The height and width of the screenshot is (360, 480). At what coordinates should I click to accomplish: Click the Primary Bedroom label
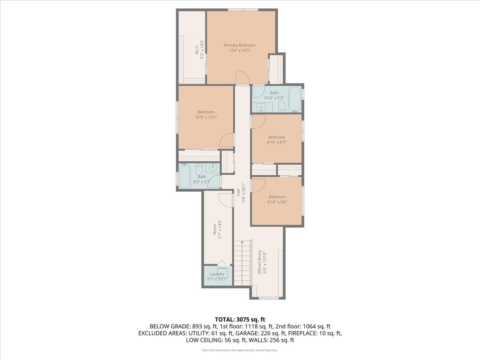(239, 45)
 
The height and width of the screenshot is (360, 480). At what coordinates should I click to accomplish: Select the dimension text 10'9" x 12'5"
(206, 117)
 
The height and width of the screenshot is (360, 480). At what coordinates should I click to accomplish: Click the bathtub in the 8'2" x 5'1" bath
(184, 176)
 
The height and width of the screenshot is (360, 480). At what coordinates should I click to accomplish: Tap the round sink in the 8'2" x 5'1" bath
(214, 167)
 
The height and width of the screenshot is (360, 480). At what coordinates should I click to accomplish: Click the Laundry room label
(217, 274)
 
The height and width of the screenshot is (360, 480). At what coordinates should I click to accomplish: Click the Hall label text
(238, 192)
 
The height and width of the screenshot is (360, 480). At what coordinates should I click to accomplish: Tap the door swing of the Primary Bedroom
(242, 77)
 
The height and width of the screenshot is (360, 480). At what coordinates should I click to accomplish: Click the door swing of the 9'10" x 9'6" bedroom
(258, 185)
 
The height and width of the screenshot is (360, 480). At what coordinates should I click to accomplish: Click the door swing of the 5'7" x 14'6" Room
(226, 200)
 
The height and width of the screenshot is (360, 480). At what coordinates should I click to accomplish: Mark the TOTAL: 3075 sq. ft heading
(240, 319)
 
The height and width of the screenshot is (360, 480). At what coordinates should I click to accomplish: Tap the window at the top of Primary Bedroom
(243, 10)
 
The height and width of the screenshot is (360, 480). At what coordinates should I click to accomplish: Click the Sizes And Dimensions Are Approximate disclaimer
(240, 350)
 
